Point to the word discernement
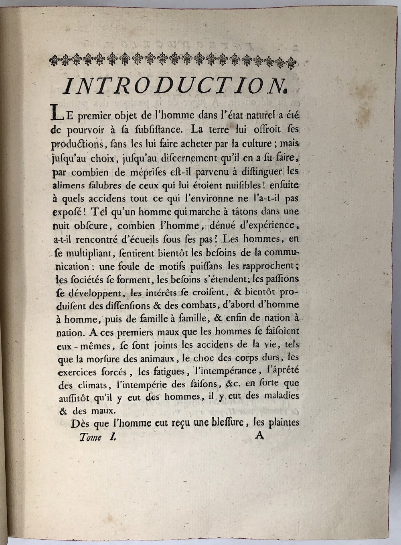(x=205, y=157)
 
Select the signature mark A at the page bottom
(x=259, y=436)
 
